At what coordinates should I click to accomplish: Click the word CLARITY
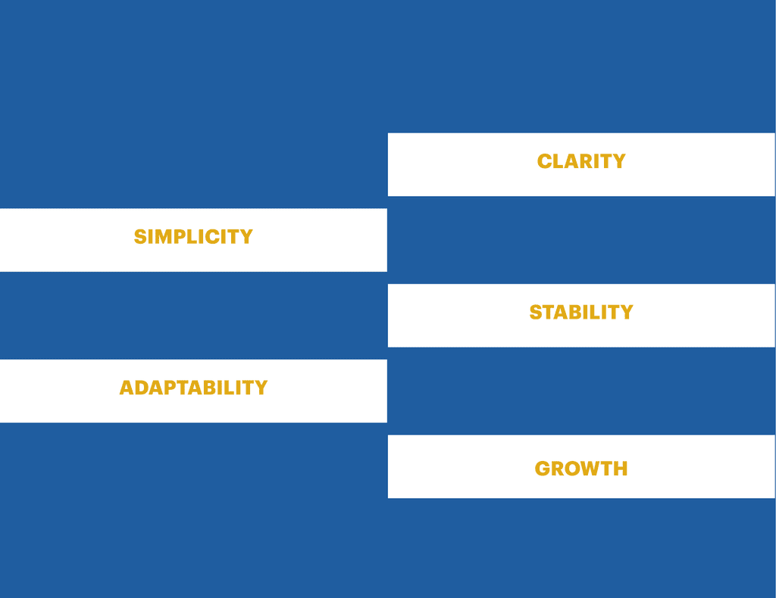click(x=581, y=161)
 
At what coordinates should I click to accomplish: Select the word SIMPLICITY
click(x=193, y=237)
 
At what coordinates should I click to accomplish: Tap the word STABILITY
click(x=581, y=312)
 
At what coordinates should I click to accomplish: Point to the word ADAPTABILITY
click(x=193, y=388)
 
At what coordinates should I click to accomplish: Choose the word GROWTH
click(x=581, y=469)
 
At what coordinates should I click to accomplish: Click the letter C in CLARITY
click(x=545, y=161)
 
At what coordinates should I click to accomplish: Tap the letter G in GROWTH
click(x=543, y=469)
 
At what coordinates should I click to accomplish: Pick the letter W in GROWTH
click(x=596, y=469)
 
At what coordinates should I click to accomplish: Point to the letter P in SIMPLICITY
click(x=180, y=237)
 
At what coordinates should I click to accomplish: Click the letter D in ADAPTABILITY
click(x=143, y=388)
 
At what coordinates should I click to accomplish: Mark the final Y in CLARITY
click(x=618, y=161)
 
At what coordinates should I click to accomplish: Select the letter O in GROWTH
click(x=575, y=469)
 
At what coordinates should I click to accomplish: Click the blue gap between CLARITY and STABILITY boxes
click(x=581, y=240)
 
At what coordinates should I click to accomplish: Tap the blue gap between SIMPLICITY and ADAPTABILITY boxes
click(x=193, y=316)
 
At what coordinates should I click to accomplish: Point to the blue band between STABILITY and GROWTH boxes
click(x=581, y=391)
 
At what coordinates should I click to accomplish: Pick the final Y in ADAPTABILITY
click(x=261, y=388)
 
